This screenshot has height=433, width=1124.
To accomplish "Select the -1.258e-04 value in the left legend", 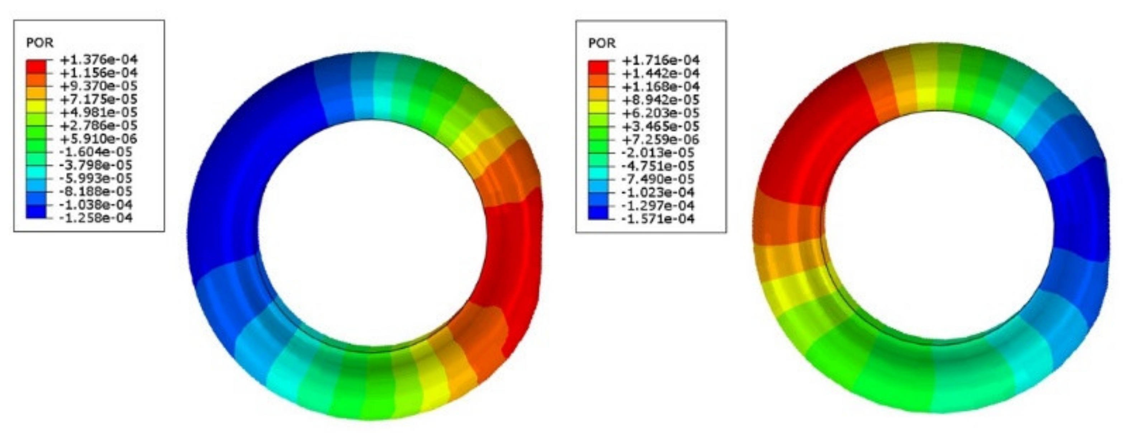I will pyautogui.click(x=96, y=218).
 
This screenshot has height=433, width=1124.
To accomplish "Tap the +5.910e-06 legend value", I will pyautogui.click(x=98, y=139).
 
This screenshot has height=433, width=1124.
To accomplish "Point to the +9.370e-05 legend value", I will pyautogui.click(x=98, y=86).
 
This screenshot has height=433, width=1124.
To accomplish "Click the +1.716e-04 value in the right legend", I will pyautogui.click(x=660, y=60).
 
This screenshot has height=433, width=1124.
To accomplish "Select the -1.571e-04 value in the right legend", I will pyautogui.click(x=658, y=218).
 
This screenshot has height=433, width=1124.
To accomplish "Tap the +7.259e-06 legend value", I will pyautogui.click(x=660, y=139).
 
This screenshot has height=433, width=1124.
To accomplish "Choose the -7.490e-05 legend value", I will pyautogui.click(x=658, y=179).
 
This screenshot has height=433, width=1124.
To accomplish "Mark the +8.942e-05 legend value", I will pyautogui.click(x=660, y=99).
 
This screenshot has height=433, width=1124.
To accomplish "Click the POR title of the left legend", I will pyautogui.click(x=40, y=43).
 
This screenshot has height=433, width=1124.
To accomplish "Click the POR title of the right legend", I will pyautogui.click(x=602, y=43).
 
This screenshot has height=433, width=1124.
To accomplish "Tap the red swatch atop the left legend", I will pyautogui.click(x=36, y=66).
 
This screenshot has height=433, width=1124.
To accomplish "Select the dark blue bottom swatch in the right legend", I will pyautogui.click(x=598, y=213).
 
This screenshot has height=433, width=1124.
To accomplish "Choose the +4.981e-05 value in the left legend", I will pyautogui.click(x=98, y=112).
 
